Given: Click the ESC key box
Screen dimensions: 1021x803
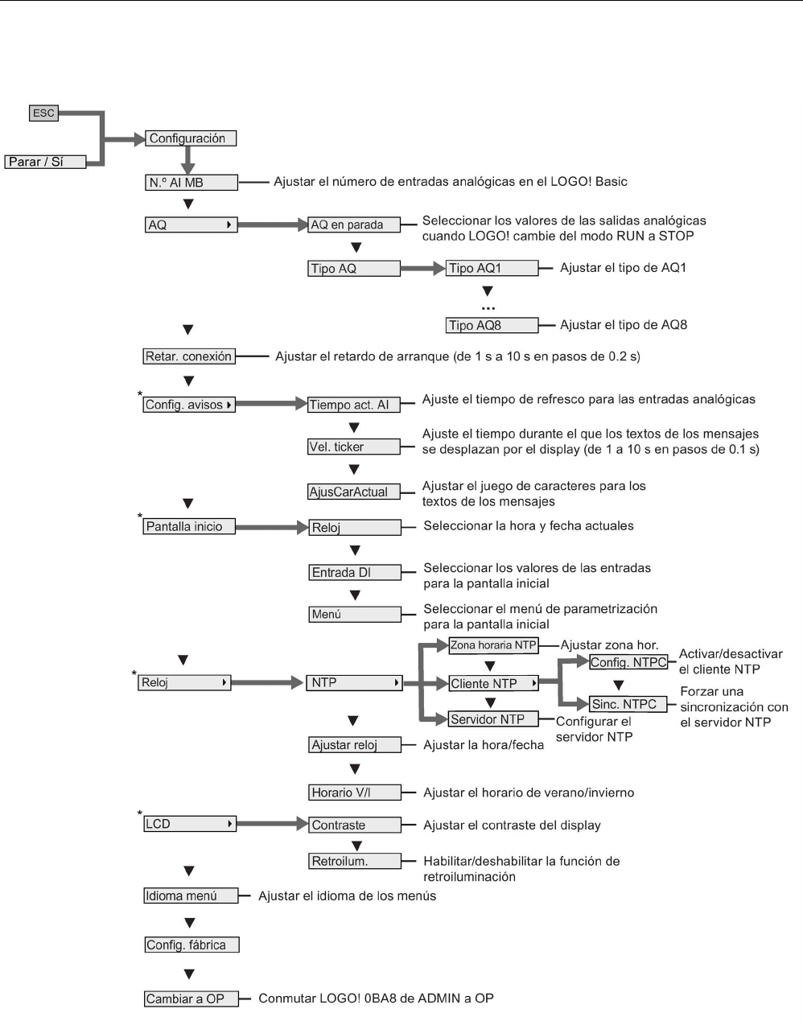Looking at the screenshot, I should coord(43,113).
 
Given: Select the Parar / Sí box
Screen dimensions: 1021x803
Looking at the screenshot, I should coord(45,162).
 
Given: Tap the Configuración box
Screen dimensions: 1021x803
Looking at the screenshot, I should coord(191,138).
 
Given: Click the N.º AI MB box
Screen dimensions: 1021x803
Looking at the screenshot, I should coord(191,183).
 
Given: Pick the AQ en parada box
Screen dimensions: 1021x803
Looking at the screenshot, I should coord(354,224).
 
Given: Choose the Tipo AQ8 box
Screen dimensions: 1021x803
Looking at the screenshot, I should coord(492,325).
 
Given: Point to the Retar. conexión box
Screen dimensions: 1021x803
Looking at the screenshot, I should coord(189,356).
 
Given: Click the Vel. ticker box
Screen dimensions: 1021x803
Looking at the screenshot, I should coord(354,447).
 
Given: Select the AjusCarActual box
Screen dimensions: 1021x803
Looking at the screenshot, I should coord(354,492).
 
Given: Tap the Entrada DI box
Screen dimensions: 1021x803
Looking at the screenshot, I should coord(354,572).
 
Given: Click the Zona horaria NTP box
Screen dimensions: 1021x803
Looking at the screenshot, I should coord(492,644).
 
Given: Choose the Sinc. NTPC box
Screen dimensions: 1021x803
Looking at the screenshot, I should coord(628,704).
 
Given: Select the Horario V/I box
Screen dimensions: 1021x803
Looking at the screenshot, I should coord(354,793).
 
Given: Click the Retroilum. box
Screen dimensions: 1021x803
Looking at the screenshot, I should coord(354,861).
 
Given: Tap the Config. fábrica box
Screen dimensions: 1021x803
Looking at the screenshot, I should coord(191,945).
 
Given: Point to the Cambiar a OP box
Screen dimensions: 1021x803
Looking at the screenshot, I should coord(191,998).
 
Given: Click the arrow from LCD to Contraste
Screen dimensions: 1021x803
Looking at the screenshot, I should coord(273,824).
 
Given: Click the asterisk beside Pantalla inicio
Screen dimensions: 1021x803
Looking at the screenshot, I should coord(140,517).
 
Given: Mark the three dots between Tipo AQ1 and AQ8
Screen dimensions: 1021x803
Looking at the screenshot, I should coord(488,308).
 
